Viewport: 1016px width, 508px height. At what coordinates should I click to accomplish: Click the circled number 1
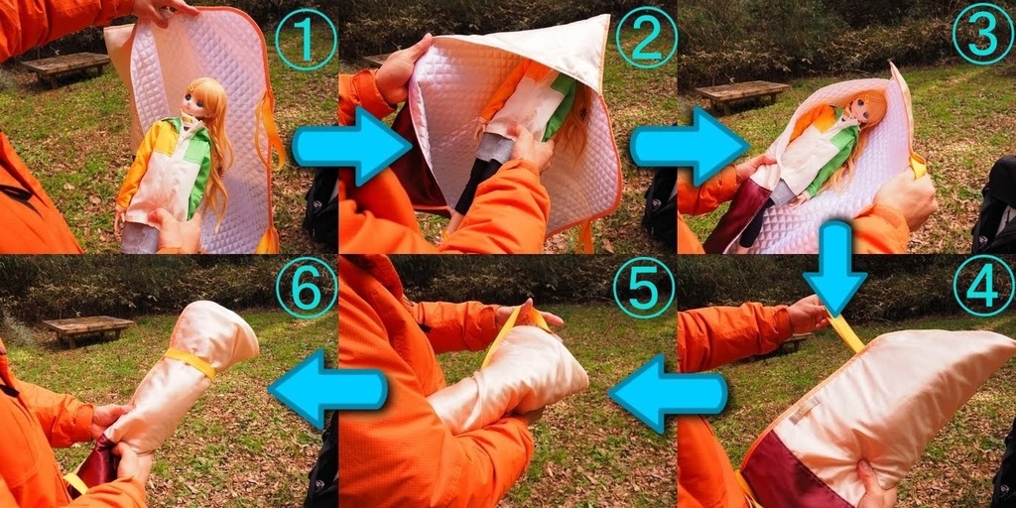306,39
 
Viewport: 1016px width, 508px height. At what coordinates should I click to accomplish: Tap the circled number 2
646,38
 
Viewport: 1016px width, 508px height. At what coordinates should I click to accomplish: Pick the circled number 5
644,287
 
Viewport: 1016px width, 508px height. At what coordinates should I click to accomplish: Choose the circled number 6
307,287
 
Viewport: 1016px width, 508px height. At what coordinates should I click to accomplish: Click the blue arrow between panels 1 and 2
351,147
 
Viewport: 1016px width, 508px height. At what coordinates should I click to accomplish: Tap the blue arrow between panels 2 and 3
690,147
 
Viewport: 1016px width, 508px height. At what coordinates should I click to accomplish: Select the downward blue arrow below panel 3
835,269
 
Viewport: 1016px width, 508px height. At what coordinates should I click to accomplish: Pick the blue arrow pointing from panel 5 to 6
327,390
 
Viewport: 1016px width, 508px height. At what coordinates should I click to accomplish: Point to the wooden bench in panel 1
65,68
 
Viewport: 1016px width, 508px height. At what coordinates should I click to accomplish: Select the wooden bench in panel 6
88,330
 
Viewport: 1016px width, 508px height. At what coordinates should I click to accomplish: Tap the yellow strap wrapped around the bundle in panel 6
190,361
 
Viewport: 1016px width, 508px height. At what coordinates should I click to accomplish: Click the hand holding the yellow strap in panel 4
808,314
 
